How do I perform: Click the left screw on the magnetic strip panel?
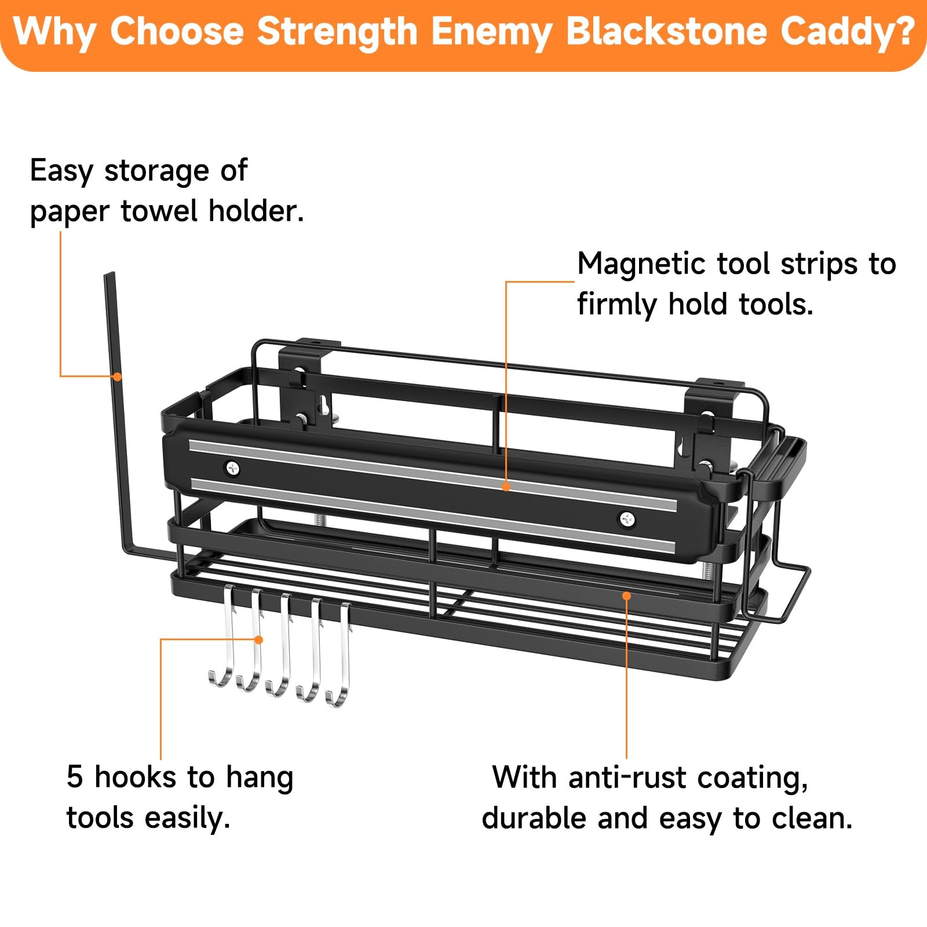pyautogui.click(x=233, y=468)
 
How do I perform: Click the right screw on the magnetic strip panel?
pyautogui.click(x=626, y=519)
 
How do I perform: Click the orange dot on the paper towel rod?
pyautogui.click(x=117, y=377)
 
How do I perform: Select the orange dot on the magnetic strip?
pyautogui.click(x=506, y=487)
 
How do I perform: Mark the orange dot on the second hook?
pyautogui.click(x=259, y=640)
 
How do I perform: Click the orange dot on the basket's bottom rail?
pyautogui.click(x=626, y=596)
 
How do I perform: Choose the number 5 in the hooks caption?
pyautogui.click(x=75, y=778)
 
